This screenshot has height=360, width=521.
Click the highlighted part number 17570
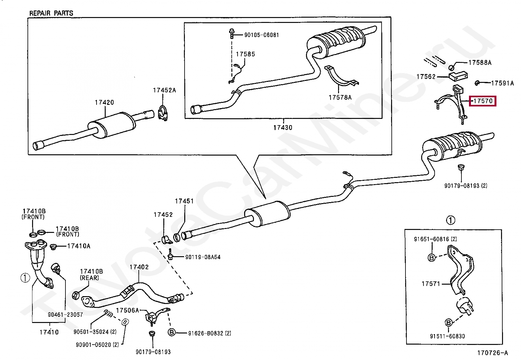pos(483,101)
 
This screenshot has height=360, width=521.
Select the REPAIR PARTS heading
pos(51,13)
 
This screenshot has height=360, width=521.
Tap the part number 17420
pos(104,103)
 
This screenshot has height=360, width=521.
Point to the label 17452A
pos(164,90)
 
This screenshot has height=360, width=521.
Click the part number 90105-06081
pos(261,35)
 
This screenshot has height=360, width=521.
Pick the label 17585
pos(245,54)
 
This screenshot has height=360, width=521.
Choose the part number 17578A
pos(340,98)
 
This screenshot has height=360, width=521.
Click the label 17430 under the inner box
pos(283,128)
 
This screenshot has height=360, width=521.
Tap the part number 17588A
pos(480,63)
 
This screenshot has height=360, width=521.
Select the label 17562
pos(426,77)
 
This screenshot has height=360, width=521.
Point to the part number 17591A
pos(502,83)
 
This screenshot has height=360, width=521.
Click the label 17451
pos(184,201)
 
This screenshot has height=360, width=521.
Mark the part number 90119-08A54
pos(203,257)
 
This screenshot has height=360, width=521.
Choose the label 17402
pos(139,267)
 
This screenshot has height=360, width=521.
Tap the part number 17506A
pos(127,311)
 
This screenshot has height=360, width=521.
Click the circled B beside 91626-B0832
pos(171,332)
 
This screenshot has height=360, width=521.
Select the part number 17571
pos(431,284)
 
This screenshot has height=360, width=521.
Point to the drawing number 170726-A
pos(493,353)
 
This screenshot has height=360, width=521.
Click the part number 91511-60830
pos(447,336)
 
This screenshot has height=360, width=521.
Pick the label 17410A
pos(79,246)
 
